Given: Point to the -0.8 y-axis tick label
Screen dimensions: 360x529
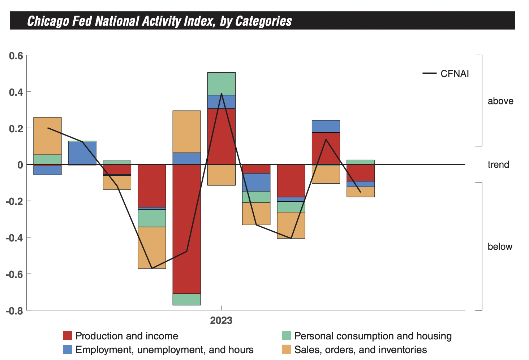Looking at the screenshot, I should [x=14, y=310].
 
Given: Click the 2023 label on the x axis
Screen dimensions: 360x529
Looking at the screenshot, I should [x=221, y=321].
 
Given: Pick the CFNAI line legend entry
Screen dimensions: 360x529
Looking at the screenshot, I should [x=446, y=74].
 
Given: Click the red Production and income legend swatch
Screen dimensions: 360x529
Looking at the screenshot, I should [x=68, y=336].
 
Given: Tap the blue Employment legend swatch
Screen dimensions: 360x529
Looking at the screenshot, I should [x=68, y=350].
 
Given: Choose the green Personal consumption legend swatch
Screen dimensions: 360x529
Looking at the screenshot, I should [x=286, y=336].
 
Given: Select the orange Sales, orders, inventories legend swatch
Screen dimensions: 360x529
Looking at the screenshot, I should [x=286, y=350].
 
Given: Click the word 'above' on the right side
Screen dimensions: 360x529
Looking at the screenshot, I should [x=500, y=101].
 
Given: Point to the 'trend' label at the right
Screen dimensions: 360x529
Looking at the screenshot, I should [x=498, y=165].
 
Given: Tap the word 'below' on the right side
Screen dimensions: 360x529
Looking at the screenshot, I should [x=500, y=247].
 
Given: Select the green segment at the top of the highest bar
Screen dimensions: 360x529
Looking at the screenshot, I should [x=222, y=83].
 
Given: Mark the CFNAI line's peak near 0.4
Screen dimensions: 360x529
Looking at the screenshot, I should [x=222, y=94].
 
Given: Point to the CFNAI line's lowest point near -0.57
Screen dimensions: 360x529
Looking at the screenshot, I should [x=152, y=268].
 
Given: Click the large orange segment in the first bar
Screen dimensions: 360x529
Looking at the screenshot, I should [x=47, y=136].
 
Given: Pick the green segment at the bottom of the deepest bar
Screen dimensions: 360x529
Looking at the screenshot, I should [x=186, y=299].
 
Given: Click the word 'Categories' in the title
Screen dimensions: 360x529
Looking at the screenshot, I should [x=263, y=21].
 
